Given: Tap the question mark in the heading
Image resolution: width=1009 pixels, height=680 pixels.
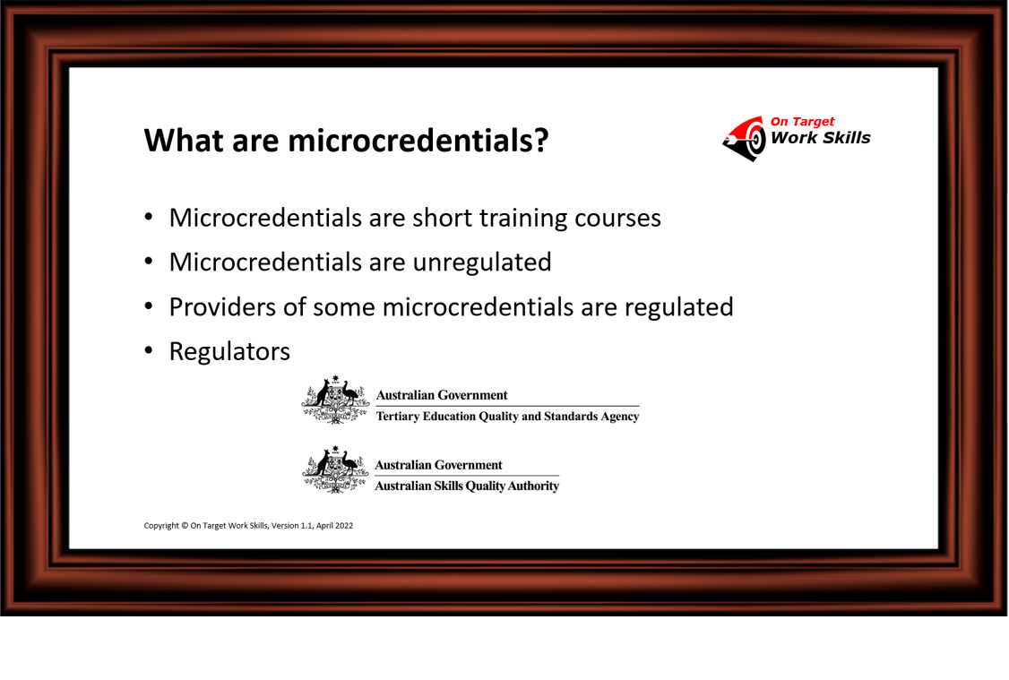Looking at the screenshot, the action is pos(541,141).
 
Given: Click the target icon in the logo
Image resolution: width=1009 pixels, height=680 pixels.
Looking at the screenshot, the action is pos(746,138).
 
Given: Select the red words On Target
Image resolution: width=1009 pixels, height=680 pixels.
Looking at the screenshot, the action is pos(802,122).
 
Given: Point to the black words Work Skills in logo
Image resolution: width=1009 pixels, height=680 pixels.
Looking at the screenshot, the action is pos(821,138).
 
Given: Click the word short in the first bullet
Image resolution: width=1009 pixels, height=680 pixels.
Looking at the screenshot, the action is pos(442,218).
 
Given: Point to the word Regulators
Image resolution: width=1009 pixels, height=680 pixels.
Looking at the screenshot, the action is pos(229,352).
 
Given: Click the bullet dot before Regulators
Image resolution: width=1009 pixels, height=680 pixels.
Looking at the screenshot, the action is pos(149,350).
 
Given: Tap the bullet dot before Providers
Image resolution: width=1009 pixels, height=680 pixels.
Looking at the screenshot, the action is pos(149,306).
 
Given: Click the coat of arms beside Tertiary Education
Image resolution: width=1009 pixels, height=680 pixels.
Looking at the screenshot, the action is pos(335,400).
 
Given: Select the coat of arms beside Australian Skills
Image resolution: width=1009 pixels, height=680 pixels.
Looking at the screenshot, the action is pos(335,469).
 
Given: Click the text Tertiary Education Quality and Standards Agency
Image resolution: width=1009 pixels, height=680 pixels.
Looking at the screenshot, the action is pos(508,417).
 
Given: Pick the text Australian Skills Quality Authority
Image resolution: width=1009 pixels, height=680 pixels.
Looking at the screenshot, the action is pos(467,486).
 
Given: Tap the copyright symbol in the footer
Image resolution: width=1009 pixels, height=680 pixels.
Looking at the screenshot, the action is pos(185,526).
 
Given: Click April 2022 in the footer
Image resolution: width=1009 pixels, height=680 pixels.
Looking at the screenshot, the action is pos(334,526).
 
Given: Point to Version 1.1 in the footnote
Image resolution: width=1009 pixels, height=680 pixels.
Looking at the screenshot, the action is pos(292,526).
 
